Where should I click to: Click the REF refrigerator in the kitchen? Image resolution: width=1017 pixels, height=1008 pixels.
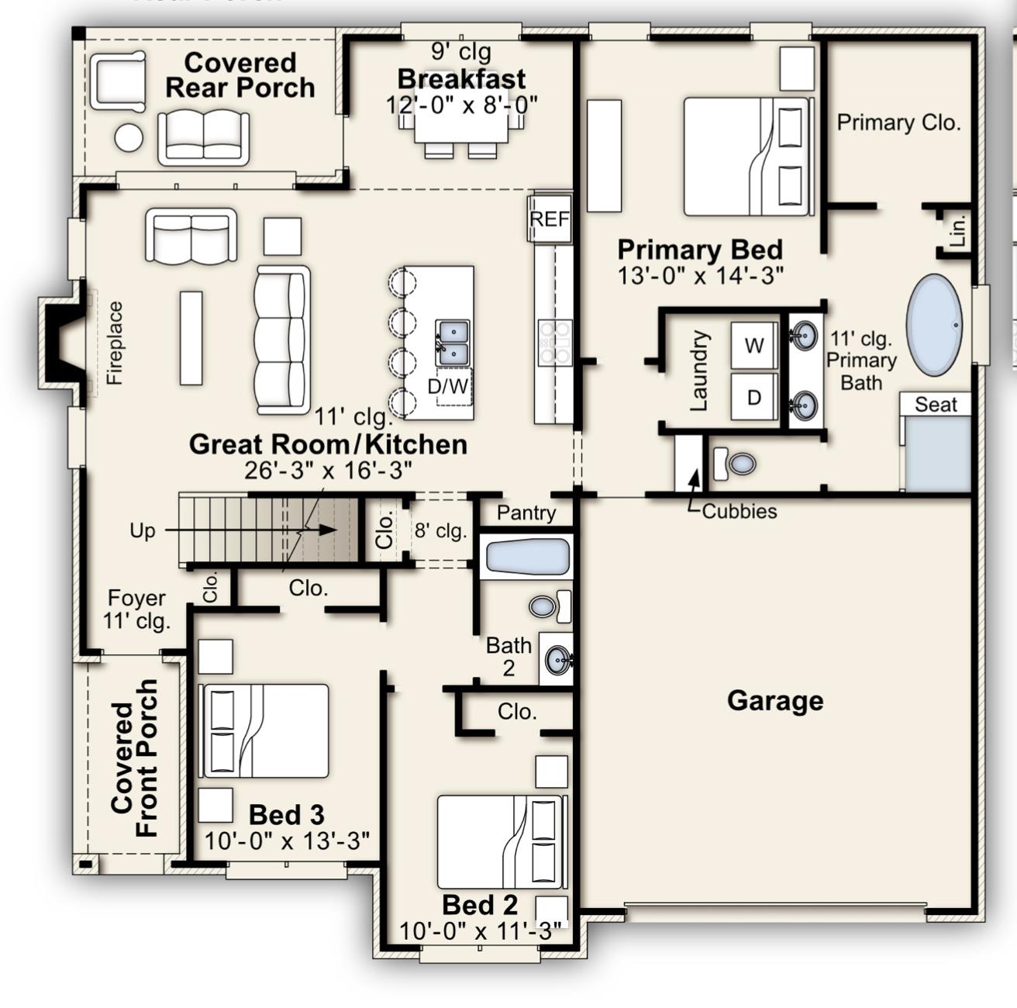click(550, 218)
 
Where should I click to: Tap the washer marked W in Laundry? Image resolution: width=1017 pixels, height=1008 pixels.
click(754, 345)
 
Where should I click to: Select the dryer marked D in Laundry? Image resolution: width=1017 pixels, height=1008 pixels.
click(754, 397)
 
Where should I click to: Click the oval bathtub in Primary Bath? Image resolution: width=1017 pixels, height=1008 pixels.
click(934, 325)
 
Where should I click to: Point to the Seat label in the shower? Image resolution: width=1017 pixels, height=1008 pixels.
click(936, 405)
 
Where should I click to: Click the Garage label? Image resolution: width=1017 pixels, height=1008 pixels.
click(775, 701)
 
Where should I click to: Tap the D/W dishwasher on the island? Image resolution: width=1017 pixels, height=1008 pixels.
click(448, 386)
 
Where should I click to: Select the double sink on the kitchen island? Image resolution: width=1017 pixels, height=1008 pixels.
click(452, 343)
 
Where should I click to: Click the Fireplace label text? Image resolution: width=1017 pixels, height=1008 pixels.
click(115, 343)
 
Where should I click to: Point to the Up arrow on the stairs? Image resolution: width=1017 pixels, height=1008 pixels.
click(250, 530)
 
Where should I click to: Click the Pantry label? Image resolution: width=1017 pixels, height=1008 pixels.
click(526, 513)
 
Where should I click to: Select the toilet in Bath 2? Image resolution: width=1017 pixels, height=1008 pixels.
click(550, 606)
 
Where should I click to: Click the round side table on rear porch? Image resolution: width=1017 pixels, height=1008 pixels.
click(129, 137)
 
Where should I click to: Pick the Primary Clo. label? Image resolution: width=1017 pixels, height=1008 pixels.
click(898, 123)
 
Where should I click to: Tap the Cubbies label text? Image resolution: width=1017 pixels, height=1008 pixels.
click(739, 511)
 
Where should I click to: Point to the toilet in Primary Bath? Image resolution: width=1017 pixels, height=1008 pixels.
click(734, 464)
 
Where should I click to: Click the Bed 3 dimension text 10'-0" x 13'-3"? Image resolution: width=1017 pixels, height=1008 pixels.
click(287, 840)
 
